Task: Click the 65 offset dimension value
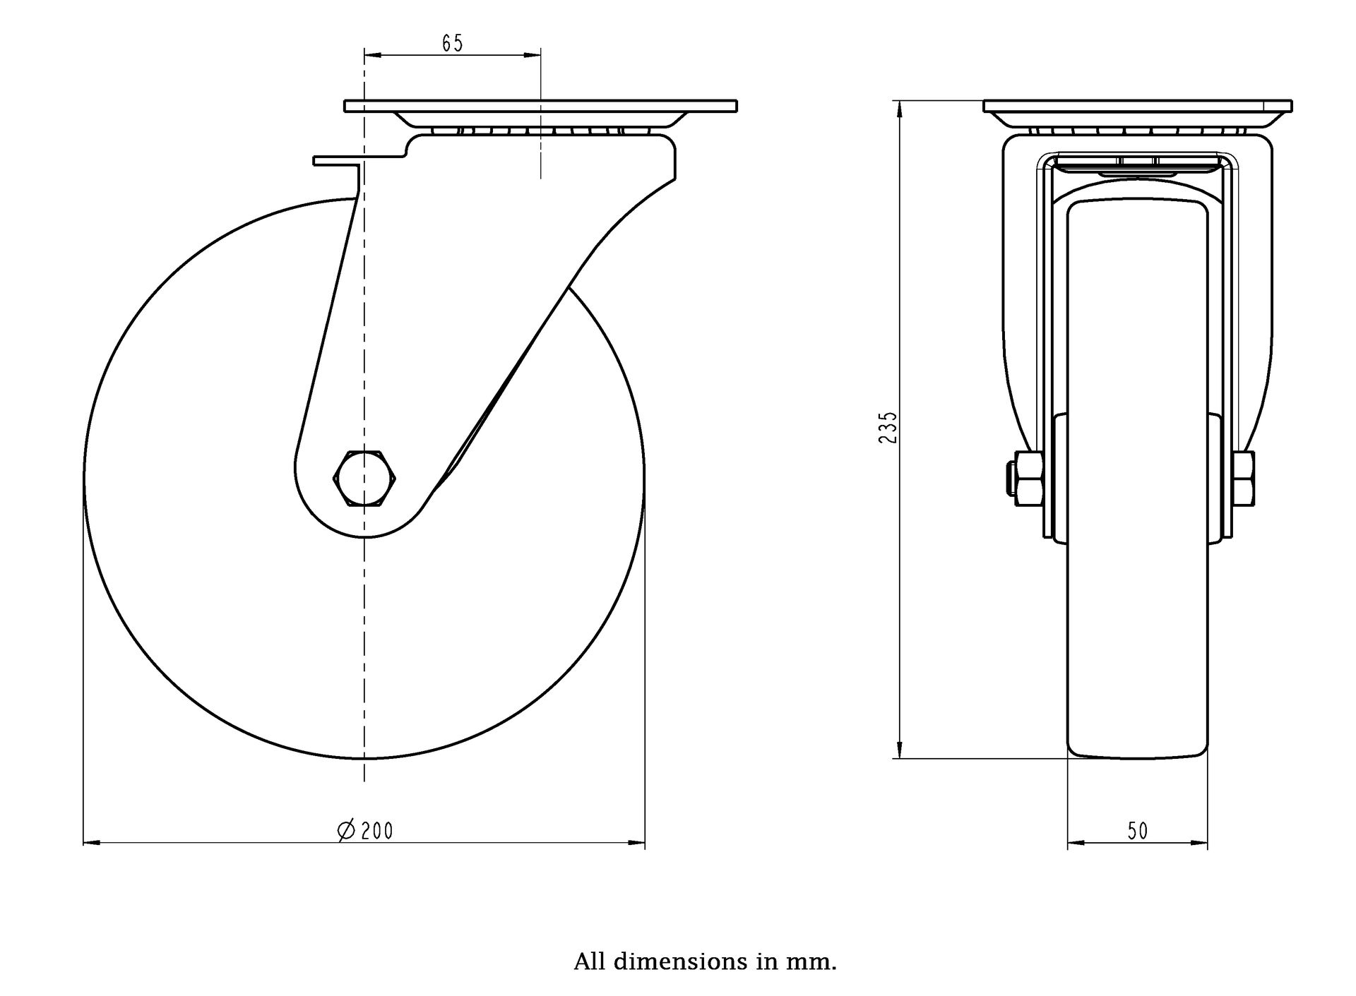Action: [x=452, y=44]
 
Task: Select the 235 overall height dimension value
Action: [x=888, y=427]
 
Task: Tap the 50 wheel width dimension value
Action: [x=1138, y=832]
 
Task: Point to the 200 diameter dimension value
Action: [x=376, y=832]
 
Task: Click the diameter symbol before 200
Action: [x=346, y=831]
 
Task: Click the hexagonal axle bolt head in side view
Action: [x=364, y=477]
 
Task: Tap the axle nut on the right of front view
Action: [x=1244, y=479]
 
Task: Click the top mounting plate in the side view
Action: [x=541, y=107]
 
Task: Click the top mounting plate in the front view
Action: [x=1138, y=107]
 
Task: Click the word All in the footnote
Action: [x=590, y=961]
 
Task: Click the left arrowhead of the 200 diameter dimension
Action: [x=92, y=843]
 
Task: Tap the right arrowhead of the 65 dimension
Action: [x=533, y=54]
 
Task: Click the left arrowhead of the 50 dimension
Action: [x=1076, y=843]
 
